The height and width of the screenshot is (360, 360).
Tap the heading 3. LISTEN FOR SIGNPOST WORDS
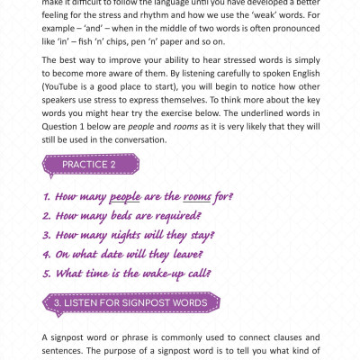point(130,302)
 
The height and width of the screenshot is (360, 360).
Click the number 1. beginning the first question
point(47,196)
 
